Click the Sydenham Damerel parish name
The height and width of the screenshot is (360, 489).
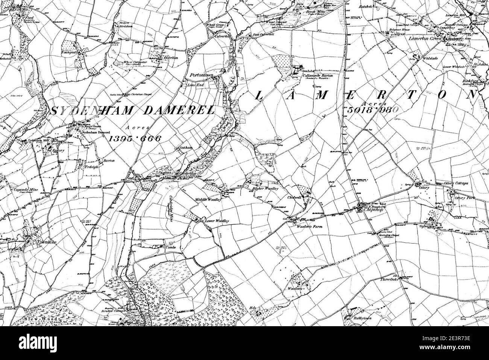point(132,110)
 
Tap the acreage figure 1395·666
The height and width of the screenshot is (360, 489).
point(135,138)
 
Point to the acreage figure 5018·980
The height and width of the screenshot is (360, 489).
point(370,110)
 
